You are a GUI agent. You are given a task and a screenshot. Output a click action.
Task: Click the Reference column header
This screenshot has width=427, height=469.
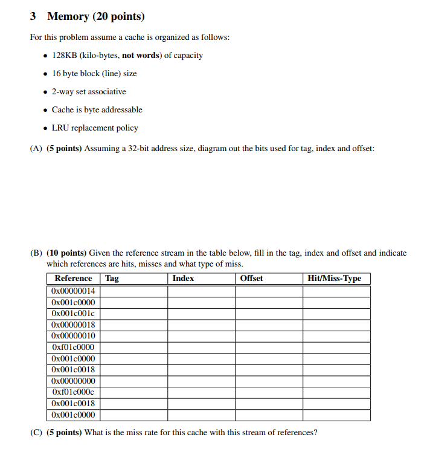pos(73,279)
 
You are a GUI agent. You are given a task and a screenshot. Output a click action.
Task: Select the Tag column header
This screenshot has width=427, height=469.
pos(112,279)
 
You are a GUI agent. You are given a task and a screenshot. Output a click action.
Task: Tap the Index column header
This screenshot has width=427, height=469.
pos(183,279)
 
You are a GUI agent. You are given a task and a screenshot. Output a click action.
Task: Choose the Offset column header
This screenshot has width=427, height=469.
pos(251,279)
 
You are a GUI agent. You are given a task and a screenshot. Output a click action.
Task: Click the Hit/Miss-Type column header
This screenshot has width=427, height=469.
pos(334,279)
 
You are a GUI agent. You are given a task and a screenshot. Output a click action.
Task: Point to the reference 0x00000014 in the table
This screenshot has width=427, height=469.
pos(73,291)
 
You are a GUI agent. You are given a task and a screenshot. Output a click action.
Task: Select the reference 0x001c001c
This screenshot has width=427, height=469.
pos(73,313)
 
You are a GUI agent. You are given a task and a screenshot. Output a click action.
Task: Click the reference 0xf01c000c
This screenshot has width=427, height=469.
pos(73,392)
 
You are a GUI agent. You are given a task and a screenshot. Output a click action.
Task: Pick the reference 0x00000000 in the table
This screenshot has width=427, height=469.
pos(73,381)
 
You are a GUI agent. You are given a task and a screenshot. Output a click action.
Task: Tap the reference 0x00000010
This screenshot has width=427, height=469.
pos(73,335)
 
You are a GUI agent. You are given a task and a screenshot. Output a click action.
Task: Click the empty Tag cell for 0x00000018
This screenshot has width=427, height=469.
pos(133,325)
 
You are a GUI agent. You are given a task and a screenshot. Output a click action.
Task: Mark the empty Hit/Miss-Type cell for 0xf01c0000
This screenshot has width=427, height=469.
pos(336,347)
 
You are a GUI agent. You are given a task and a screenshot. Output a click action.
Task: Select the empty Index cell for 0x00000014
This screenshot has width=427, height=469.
pos(201,291)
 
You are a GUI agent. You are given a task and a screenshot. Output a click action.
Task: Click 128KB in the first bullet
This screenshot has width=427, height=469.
pos(62,56)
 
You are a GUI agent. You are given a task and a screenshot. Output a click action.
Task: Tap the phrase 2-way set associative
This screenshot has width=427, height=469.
pos(89,92)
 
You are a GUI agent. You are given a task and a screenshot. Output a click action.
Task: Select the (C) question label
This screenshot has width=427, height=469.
pos(36,432)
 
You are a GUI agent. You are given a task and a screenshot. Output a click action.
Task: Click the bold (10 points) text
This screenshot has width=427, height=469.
pos(67,253)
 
